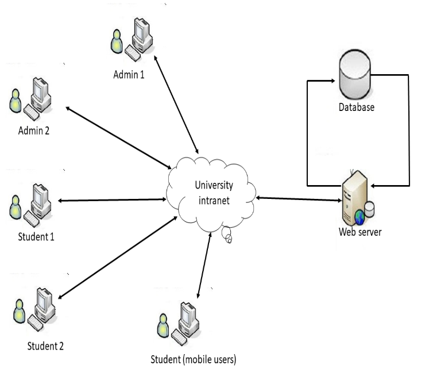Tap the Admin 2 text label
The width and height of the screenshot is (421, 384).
33,130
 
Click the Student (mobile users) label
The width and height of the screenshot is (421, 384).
194,360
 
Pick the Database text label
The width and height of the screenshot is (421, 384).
357,107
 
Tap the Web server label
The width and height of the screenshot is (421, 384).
360,232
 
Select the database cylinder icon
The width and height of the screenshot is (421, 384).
356,74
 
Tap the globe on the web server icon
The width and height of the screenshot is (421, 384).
360,217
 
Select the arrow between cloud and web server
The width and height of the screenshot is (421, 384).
299,199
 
